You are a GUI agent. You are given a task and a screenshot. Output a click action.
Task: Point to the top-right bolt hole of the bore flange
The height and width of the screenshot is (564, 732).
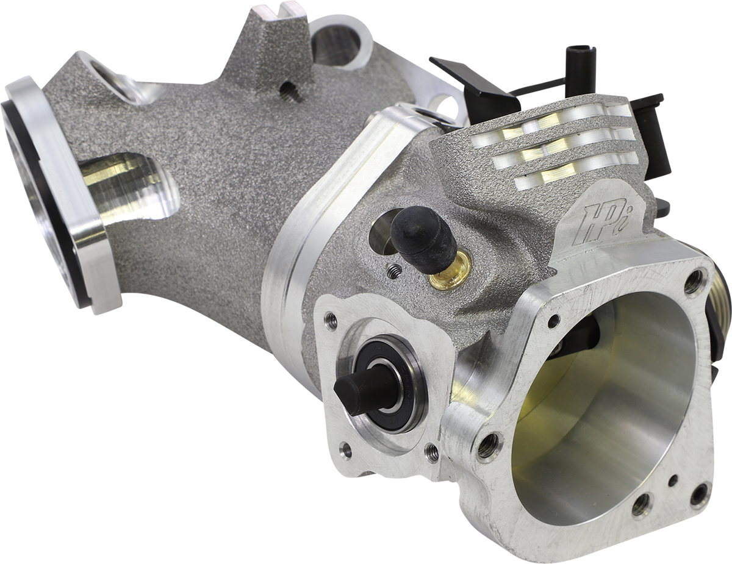point(694,282)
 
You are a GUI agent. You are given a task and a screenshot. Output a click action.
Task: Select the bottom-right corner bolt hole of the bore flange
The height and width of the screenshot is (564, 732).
point(698,494)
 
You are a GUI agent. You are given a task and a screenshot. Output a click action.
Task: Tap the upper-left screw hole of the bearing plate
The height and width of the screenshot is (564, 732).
point(331,321)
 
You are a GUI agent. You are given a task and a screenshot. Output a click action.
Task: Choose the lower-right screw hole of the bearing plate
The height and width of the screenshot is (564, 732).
point(432,452)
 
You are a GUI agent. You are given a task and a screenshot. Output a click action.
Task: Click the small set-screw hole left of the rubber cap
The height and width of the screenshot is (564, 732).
point(395,273)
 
